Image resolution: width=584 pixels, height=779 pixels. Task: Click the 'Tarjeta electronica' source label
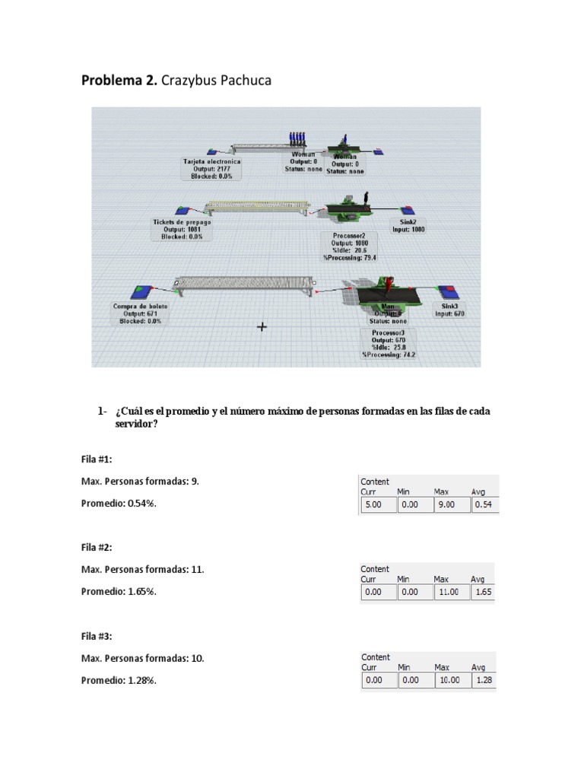pos(211,168)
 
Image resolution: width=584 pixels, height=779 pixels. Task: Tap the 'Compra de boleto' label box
pos(141,313)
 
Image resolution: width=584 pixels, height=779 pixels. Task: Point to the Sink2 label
pos(408,226)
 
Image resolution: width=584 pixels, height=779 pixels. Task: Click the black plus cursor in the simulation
pos(262,326)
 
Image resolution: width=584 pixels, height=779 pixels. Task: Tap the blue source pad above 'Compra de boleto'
pos(141,291)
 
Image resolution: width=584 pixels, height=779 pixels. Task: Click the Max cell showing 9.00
pos(450,504)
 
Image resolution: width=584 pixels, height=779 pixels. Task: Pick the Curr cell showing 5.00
pos(377,504)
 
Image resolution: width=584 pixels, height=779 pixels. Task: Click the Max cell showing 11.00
pos(450,592)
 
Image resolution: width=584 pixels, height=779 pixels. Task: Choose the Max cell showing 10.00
pos(450,680)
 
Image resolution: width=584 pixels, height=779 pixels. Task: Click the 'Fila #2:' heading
pos(100,547)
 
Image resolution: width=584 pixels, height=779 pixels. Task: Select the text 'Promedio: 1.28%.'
pos(119,680)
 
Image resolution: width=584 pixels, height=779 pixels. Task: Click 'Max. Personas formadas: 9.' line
pos(141,482)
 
